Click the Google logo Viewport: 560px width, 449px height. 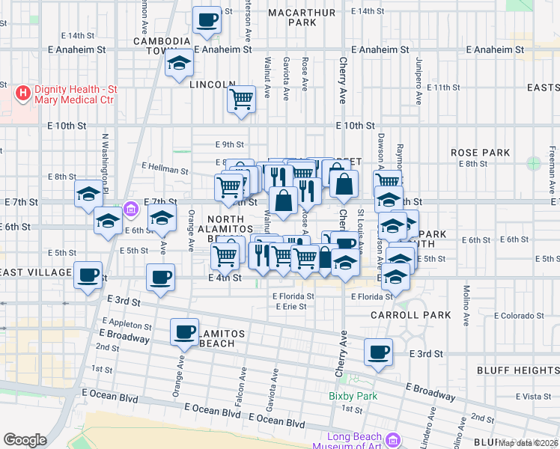(x=25, y=440)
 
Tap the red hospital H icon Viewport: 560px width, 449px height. (x=23, y=94)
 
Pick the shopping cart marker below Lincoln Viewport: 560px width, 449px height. (x=241, y=98)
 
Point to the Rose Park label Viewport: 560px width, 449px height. (x=480, y=152)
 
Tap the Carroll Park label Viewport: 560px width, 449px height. (x=411, y=315)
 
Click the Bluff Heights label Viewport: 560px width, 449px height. (x=517, y=370)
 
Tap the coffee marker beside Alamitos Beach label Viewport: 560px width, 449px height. (x=184, y=332)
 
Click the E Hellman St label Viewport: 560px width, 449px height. (x=164, y=170)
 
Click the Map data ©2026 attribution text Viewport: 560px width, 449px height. (x=529, y=443)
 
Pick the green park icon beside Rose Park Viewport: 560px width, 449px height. (x=533, y=162)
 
